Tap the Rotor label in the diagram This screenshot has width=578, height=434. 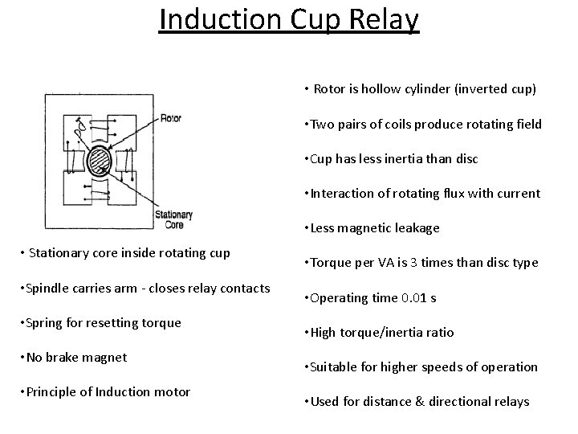171,118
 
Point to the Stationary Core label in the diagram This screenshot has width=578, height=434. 173,219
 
